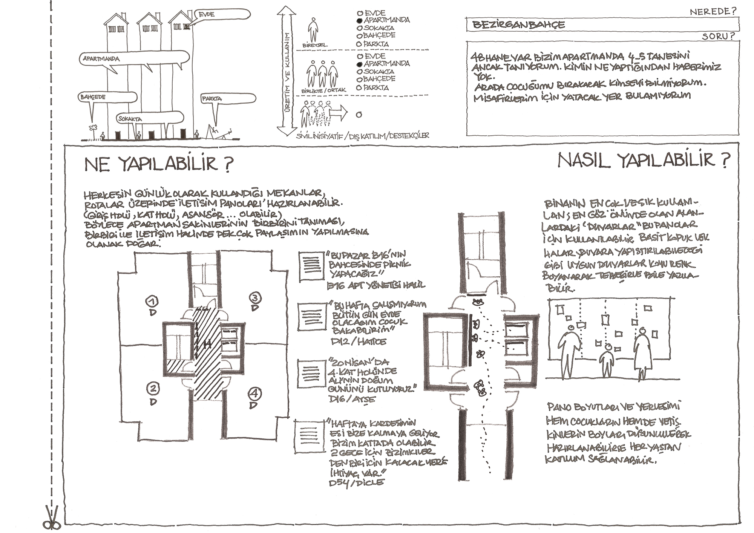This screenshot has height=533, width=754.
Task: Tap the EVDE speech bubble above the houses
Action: (x=222, y=14)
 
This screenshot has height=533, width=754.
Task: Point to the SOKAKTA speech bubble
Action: (x=150, y=118)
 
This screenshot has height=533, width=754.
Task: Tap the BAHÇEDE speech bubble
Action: (x=107, y=97)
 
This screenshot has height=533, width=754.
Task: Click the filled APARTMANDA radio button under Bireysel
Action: (x=359, y=20)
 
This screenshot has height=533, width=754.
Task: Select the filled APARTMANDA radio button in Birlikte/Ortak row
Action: (x=359, y=64)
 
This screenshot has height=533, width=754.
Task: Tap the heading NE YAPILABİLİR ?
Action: (x=159, y=164)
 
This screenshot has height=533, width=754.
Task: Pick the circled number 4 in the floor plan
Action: (x=254, y=394)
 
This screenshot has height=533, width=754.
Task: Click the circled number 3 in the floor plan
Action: (x=255, y=298)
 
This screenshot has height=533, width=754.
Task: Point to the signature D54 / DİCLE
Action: (x=356, y=482)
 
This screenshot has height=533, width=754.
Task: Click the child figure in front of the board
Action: (x=607, y=360)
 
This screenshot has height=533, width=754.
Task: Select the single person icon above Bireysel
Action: (x=313, y=29)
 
